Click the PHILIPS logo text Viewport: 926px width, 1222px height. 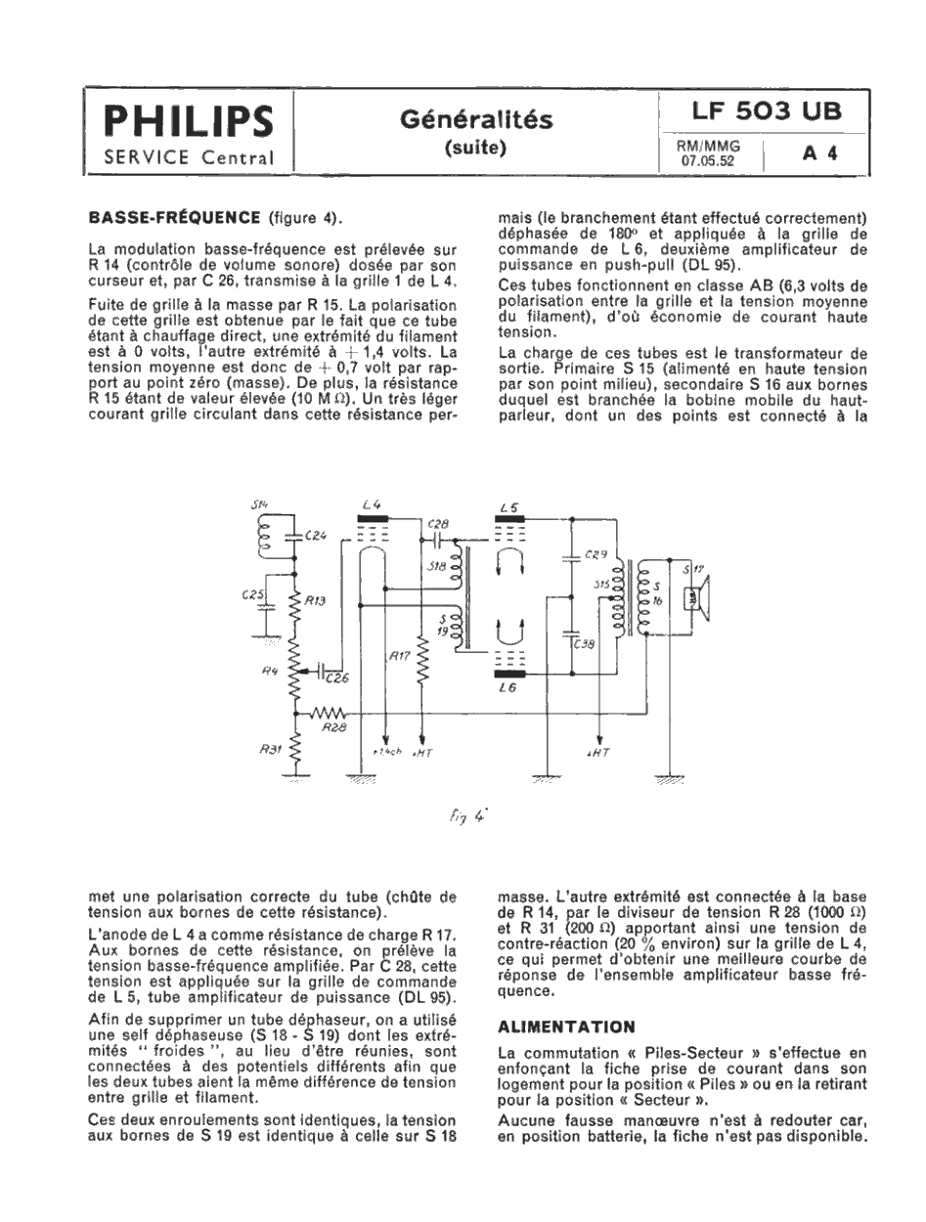click(x=190, y=123)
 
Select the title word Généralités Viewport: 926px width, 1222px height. click(x=476, y=119)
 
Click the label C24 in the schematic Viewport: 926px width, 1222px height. click(x=315, y=535)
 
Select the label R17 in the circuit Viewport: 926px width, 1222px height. click(x=400, y=657)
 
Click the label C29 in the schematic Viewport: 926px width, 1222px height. click(x=596, y=554)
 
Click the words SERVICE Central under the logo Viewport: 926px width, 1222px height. click(x=190, y=157)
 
